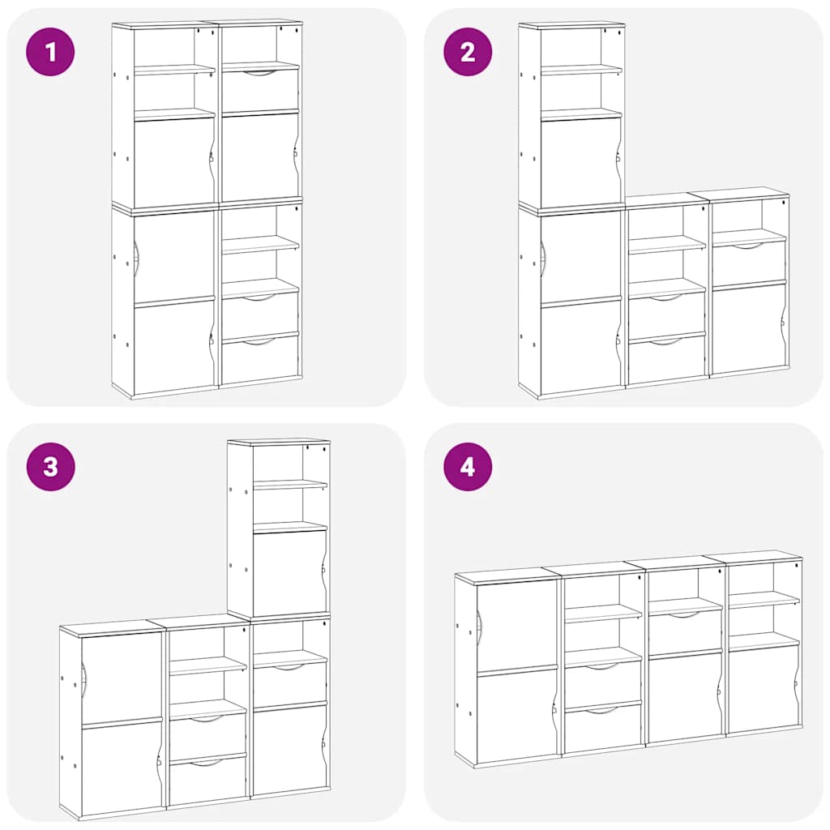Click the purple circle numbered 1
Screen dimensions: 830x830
(x=50, y=52)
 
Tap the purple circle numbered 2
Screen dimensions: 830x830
(x=467, y=52)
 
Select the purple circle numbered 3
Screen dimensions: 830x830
(x=50, y=467)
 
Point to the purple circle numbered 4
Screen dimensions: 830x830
(x=467, y=467)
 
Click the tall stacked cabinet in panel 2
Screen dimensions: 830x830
(x=571, y=211)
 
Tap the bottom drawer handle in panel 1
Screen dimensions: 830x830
(x=259, y=342)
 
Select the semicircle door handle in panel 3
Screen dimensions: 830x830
(x=83, y=677)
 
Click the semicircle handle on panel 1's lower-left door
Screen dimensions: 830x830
(x=136, y=258)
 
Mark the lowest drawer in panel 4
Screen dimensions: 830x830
(x=602, y=728)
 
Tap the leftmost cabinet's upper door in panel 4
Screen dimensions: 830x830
(x=516, y=624)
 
